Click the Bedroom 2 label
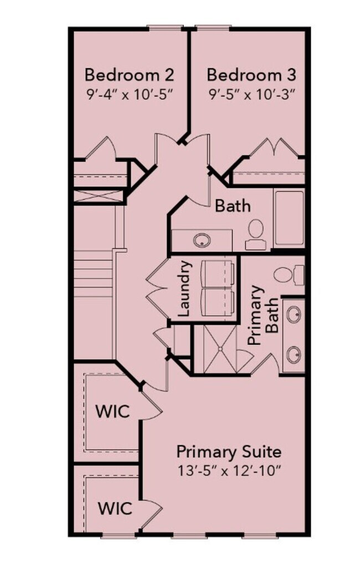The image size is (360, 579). [130, 74]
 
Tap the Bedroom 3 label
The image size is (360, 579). [251, 74]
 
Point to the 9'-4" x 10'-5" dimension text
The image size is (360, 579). [130, 94]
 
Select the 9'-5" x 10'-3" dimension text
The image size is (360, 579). [251, 94]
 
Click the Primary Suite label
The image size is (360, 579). [229, 450]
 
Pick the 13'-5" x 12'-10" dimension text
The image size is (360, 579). [229, 472]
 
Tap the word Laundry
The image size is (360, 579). [185, 288]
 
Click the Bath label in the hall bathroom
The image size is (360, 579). [233, 206]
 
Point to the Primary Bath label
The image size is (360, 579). [264, 316]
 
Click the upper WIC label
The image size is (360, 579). [112, 412]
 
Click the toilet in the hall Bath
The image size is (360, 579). [256, 233]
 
